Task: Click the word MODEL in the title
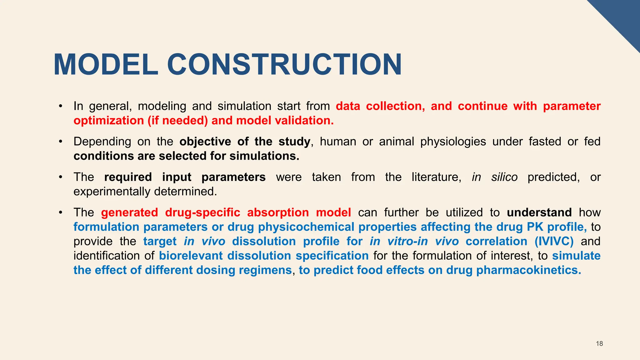coord(106,65)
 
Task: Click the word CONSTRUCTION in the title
coord(284,65)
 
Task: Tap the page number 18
coord(599,344)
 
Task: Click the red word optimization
coord(108,121)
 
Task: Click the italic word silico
coord(504,177)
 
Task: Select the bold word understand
coord(539,212)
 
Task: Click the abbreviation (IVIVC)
coord(554,241)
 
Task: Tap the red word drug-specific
coord(202,212)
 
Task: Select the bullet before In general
coord(61,106)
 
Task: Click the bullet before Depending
coord(61,142)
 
